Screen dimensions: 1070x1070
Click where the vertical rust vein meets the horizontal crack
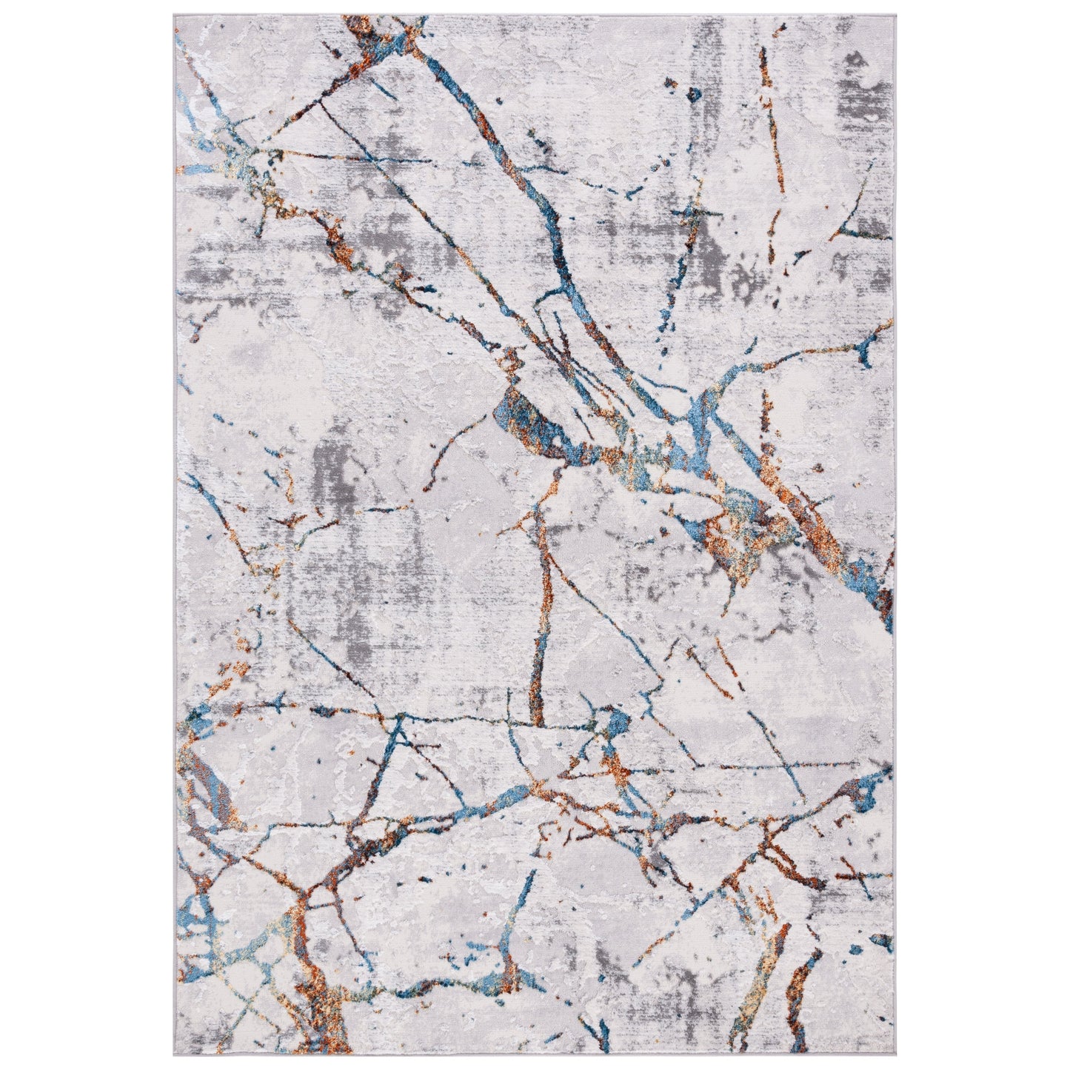(538, 722)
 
